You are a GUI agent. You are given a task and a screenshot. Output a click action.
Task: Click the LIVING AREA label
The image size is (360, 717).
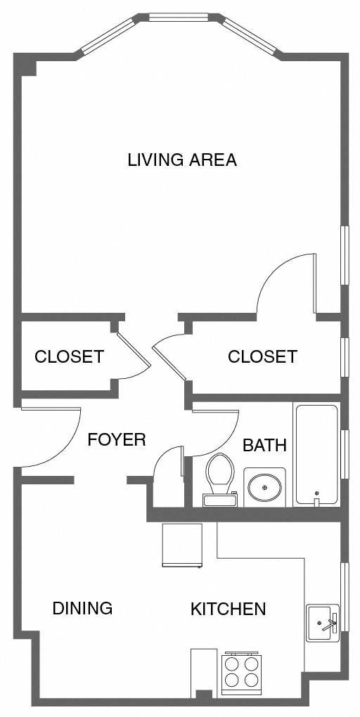click(x=181, y=160)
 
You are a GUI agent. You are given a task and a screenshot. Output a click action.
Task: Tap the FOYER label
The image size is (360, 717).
click(x=116, y=440)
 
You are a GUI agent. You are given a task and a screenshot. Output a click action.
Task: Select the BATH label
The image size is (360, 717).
click(x=264, y=445)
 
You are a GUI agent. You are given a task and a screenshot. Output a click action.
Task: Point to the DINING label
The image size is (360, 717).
click(x=82, y=608)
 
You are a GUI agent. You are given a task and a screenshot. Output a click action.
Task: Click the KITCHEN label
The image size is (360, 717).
click(x=228, y=609)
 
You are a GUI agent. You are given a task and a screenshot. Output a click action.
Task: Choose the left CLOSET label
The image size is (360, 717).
click(x=69, y=356)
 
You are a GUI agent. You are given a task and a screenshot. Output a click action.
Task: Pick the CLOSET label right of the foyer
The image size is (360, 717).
click(x=262, y=356)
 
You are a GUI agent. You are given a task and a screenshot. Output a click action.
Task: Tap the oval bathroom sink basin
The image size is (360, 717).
click(x=264, y=486)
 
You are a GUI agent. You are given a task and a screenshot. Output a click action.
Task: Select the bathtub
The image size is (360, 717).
click(x=316, y=453)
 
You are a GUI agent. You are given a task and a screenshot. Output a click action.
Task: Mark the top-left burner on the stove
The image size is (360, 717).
click(x=231, y=662)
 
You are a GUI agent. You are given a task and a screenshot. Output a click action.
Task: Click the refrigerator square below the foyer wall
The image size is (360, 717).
click(x=182, y=545)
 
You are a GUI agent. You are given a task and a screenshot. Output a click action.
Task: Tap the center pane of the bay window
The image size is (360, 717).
click(x=179, y=17)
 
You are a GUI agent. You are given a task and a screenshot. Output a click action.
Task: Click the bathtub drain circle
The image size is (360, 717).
click(x=317, y=493)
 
